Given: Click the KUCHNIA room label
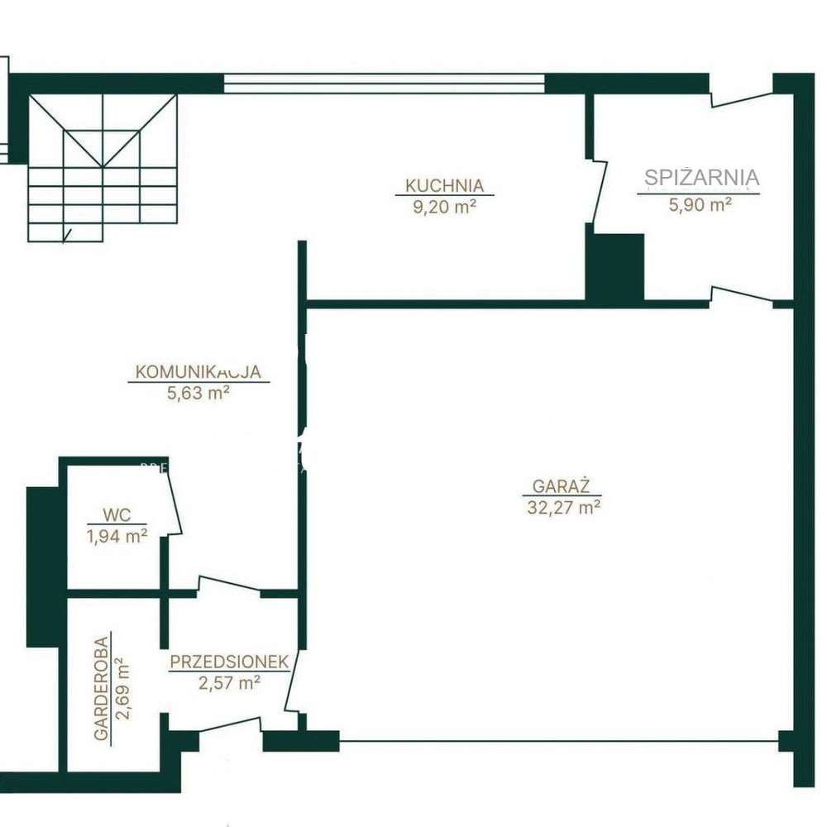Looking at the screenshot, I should pos(444,186).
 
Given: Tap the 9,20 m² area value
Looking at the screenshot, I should pos(444,207).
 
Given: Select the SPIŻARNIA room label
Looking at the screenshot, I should pos(701,177).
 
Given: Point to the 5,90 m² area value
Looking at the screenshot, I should pos(700,204).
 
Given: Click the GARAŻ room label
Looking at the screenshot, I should pos(555,486).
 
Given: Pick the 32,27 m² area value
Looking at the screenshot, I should pos(563,508).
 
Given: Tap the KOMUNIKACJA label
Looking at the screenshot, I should pos(198,372).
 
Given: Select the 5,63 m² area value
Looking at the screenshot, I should pos(198,394).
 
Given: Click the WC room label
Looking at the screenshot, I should pos(117,514).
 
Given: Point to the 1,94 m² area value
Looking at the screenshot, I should pos(117,536).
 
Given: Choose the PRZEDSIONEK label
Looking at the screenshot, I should pos(229,662).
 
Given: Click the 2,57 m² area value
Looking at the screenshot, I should pos(229,682).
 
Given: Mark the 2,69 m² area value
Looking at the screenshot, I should pos(123,688).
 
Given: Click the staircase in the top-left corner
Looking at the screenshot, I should pos(103,165).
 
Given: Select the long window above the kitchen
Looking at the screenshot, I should pos(384,84).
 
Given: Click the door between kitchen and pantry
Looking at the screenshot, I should pos(597,190).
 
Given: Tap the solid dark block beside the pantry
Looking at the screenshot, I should pos(614,266).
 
